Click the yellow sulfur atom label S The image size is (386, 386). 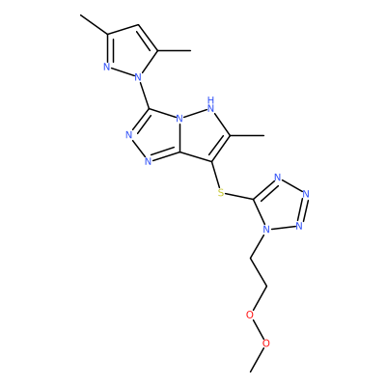click(x=220, y=193)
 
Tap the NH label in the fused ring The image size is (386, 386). click(x=211, y=105)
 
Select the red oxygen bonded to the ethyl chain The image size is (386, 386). click(x=250, y=315)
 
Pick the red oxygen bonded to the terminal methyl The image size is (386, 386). click(x=265, y=344)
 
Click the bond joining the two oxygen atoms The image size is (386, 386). click(x=258, y=329)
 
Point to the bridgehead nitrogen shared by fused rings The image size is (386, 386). click(x=179, y=119)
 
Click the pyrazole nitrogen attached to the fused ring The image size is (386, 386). click(x=138, y=77)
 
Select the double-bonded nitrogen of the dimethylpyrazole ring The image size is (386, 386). click(x=107, y=67)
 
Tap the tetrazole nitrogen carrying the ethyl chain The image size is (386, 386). click(x=265, y=230)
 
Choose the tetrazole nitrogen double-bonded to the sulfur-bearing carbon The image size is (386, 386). click(x=278, y=178)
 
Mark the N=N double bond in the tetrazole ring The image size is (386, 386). click(x=303, y=209)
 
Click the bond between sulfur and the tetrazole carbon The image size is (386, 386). click(x=239, y=197)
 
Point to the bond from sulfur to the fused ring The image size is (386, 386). click(x=216, y=176)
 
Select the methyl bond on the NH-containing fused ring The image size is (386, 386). click(x=247, y=136)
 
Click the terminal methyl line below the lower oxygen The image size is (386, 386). click(x=257, y=360)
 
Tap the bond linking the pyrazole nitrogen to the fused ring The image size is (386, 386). click(x=144, y=95)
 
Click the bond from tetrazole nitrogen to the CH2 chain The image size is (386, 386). click(x=258, y=245)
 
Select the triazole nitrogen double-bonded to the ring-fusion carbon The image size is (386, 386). click(x=148, y=161)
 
